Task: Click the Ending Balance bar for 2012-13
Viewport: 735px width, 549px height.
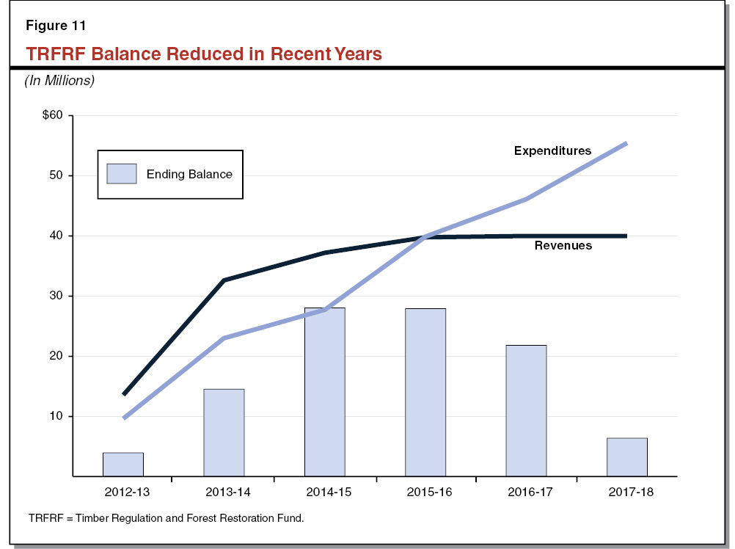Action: point(122,465)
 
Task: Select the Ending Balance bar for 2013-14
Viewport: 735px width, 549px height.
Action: point(224,432)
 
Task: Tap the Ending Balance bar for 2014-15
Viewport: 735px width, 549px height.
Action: point(324,392)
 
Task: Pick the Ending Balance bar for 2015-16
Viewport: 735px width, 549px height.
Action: point(425,392)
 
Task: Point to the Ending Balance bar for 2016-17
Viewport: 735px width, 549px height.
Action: point(526,410)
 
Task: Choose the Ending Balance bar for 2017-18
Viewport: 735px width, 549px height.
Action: point(627,457)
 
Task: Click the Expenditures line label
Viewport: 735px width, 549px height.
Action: point(552,150)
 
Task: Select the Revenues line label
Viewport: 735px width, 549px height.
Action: point(563,246)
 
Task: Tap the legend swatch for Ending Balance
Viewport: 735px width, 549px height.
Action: point(122,174)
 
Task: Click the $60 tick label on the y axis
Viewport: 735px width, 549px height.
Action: point(53,116)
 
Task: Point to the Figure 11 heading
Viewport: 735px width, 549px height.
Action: point(56,26)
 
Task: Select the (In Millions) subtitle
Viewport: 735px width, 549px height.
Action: point(60,81)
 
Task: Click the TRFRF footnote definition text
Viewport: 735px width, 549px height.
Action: point(166,518)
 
